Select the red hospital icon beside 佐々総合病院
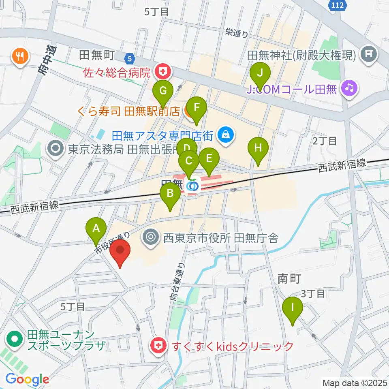[x=163, y=73]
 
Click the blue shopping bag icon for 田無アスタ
[x=225, y=134]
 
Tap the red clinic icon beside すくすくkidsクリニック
[x=158, y=346]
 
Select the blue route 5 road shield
[x=129, y=58]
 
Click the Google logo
[x=27, y=379]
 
